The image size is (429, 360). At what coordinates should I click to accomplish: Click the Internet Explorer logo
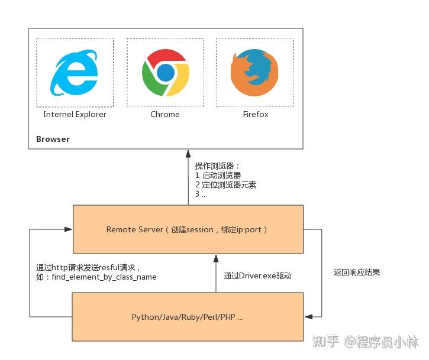75,73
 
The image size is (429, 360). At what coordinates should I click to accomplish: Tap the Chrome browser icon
165,73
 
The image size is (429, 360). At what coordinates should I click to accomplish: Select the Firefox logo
254,73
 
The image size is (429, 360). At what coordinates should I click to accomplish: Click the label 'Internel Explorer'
75,114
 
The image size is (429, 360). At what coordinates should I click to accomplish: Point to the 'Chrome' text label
165,114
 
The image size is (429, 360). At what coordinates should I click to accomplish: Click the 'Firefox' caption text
255,114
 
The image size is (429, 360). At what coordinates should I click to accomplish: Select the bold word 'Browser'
53,140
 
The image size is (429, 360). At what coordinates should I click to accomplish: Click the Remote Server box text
187,229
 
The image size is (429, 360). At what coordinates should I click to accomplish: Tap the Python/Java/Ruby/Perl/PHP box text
187,317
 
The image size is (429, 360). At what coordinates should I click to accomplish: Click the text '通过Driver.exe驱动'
257,276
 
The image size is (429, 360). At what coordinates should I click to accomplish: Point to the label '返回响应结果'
357,273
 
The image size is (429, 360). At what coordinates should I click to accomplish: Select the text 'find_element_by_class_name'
103,277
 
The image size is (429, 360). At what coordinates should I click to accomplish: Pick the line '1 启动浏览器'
218,176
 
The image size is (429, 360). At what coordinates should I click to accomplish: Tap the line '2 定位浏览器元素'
225,185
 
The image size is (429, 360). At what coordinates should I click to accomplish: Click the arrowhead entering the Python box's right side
308,317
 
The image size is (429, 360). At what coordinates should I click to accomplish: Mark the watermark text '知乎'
325,342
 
